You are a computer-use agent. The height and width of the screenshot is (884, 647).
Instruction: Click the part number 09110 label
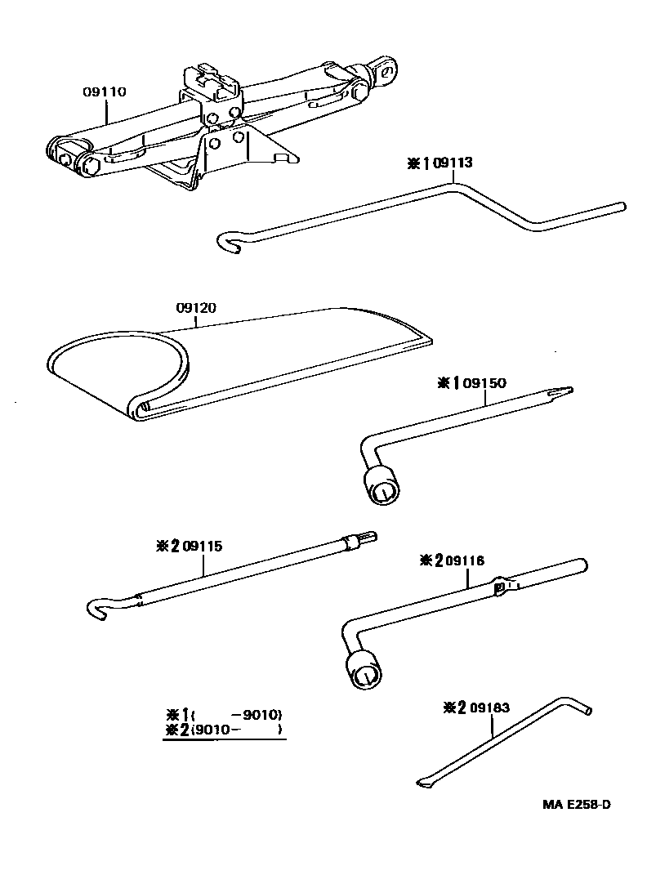click(104, 92)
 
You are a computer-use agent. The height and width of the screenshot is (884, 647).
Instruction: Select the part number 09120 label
click(198, 308)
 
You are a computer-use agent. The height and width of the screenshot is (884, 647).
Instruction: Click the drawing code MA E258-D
click(576, 804)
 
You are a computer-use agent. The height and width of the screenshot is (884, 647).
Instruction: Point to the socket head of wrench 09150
click(382, 489)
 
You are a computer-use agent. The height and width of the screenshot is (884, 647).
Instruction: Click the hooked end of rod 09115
click(97, 608)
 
